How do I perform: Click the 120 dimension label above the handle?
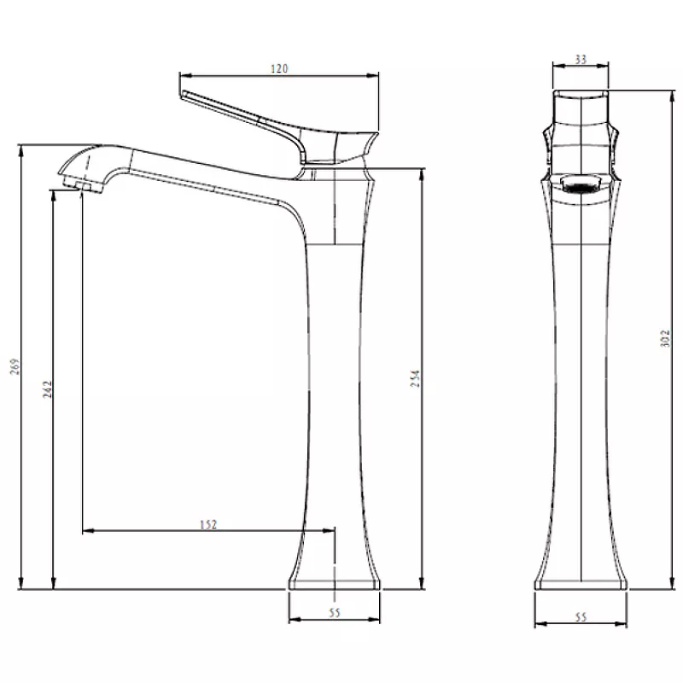tap(279, 69)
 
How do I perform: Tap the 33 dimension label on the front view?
tap(581, 59)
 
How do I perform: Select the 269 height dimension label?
tap(15, 366)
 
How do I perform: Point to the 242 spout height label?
tap(48, 389)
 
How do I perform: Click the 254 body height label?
tap(416, 378)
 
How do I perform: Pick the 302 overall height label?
tap(665, 338)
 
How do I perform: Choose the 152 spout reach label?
tap(208, 525)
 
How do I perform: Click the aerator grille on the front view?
tap(581, 185)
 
